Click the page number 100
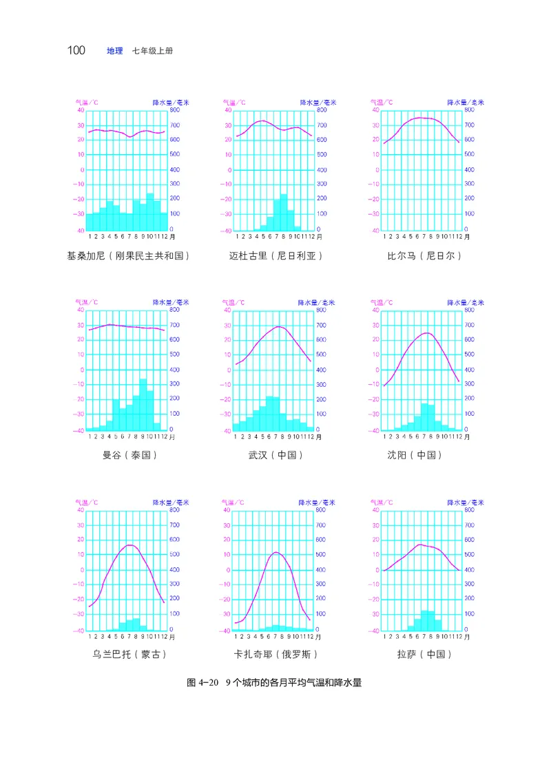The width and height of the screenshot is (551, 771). click(x=76, y=51)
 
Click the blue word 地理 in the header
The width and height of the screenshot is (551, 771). click(x=115, y=52)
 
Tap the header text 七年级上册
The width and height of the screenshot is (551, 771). click(x=149, y=52)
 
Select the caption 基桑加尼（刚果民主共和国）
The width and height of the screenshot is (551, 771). click(x=128, y=256)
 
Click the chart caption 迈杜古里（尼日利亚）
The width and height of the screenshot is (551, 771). click(x=275, y=256)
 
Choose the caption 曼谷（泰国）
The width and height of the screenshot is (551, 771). click(x=128, y=455)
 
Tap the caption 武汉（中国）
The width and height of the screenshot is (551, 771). click(x=275, y=455)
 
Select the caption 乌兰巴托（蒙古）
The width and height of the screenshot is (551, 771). click(x=128, y=655)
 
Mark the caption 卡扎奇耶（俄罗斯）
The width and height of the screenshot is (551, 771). click(x=275, y=655)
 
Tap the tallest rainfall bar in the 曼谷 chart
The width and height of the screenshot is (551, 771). click(x=143, y=405)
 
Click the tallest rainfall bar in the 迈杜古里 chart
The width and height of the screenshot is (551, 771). click(x=283, y=212)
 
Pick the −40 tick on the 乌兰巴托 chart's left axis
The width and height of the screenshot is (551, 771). click(x=79, y=630)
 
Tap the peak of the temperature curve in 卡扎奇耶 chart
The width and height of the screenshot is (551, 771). click(x=275, y=552)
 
